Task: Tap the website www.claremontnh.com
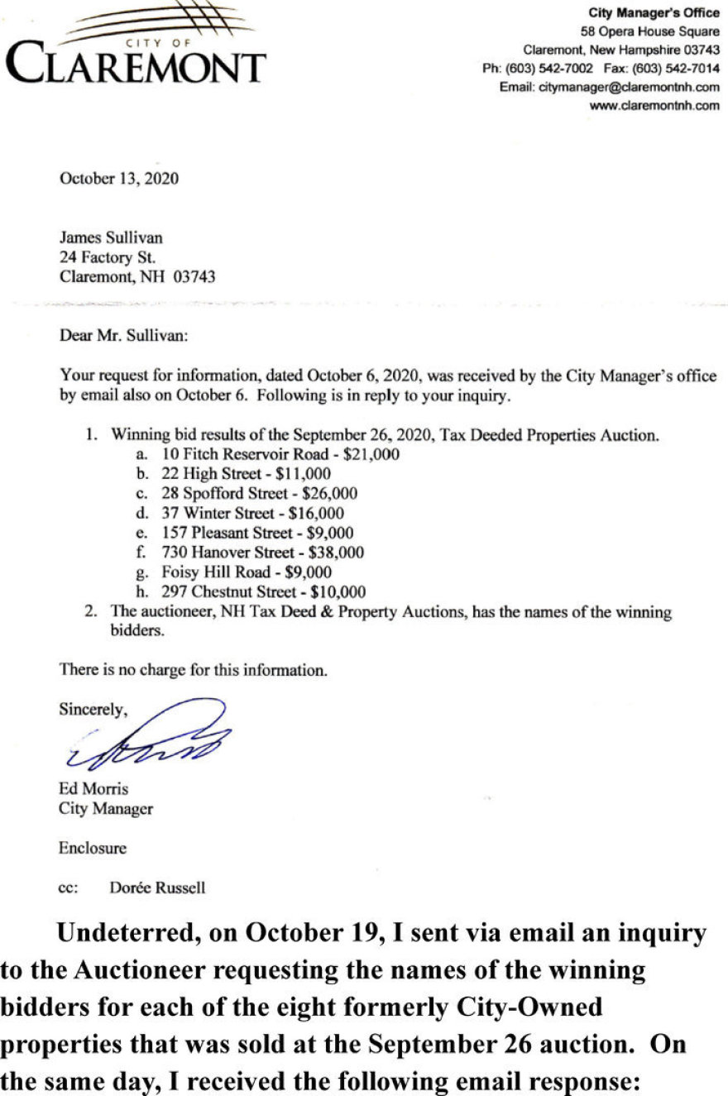click(654, 105)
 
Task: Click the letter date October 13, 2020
click(118, 178)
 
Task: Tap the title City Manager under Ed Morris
click(105, 809)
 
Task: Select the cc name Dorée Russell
click(157, 888)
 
